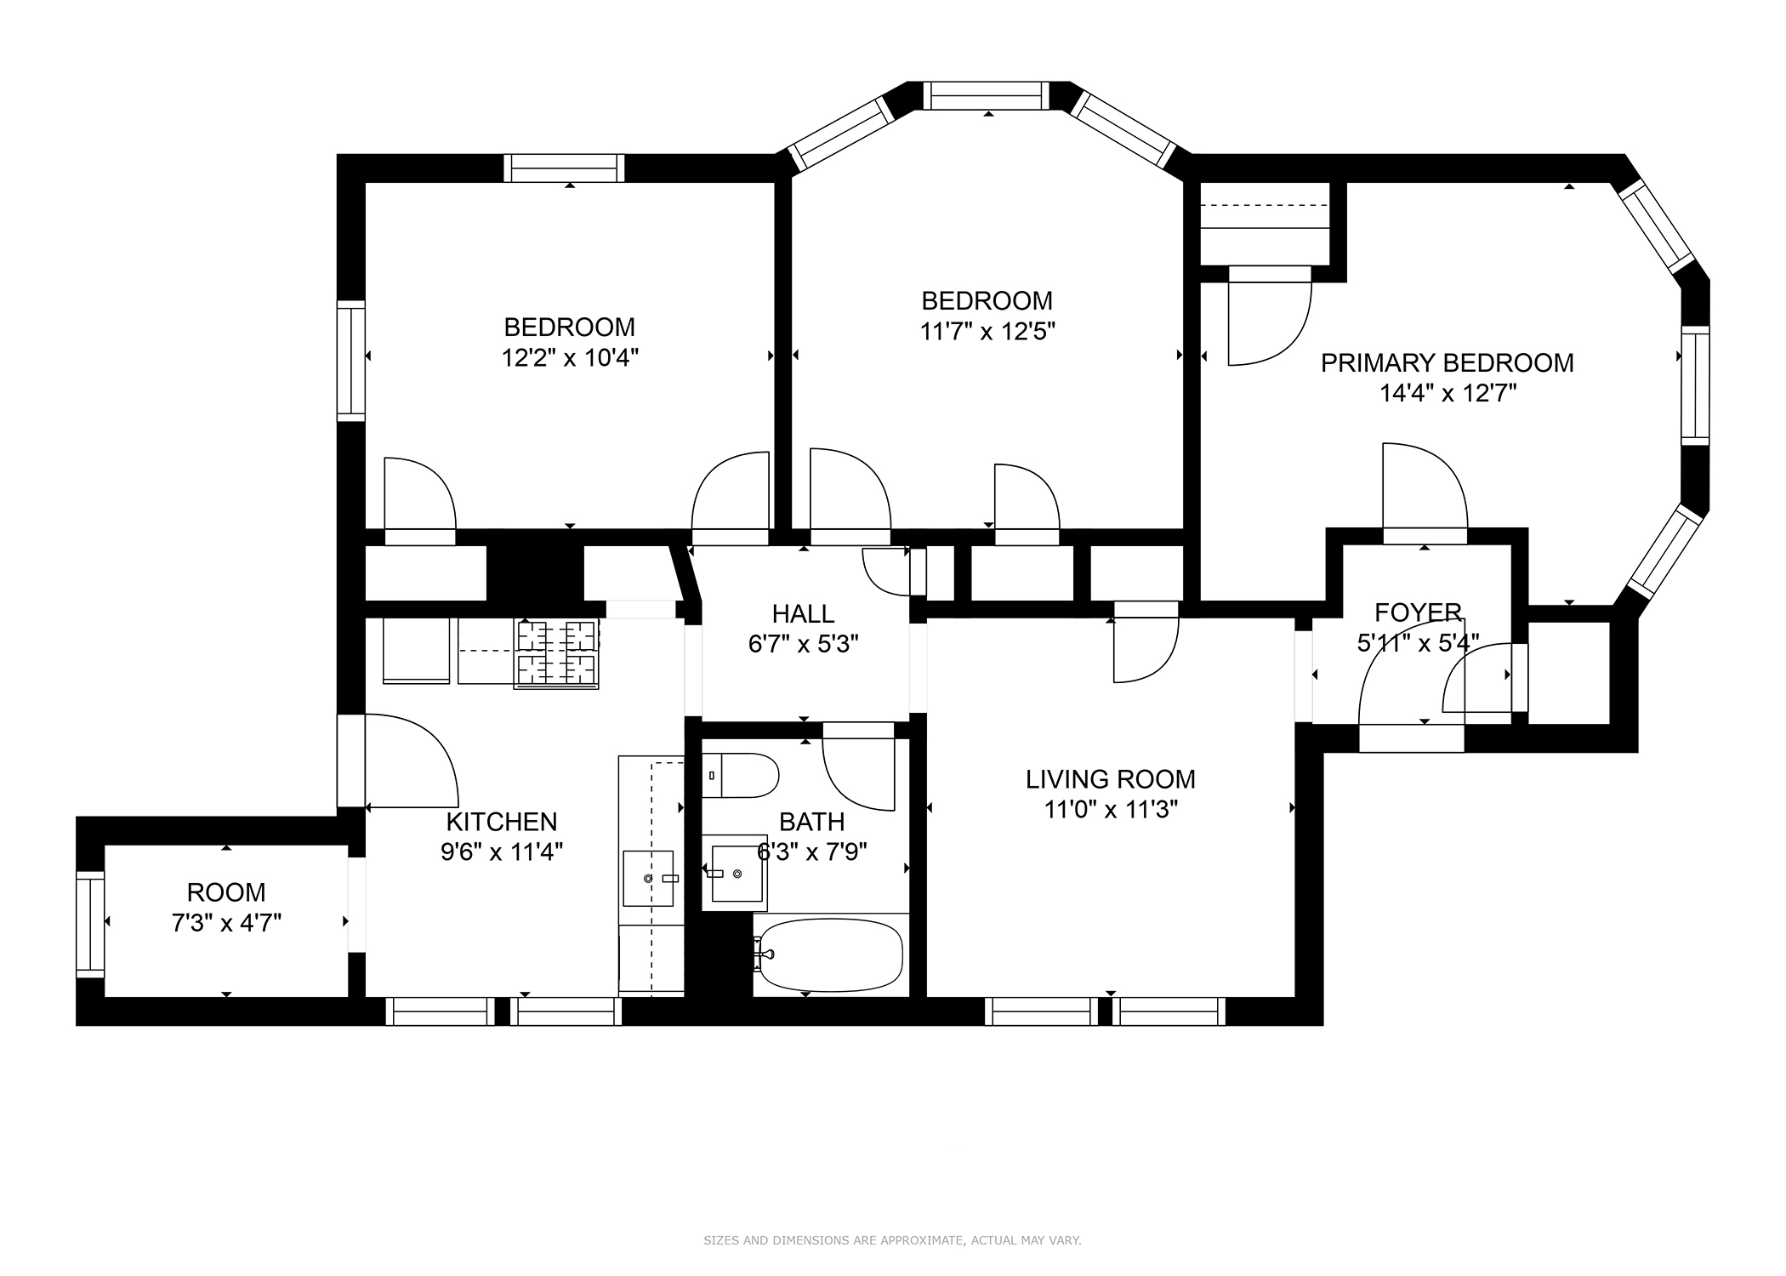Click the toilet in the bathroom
(740, 775)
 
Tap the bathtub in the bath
(828, 954)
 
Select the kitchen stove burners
(556, 652)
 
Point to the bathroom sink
(735, 873)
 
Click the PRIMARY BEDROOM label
(1447, 363)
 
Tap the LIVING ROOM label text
(1110, 779)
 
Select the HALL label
(803, 613)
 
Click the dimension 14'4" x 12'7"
(1447, 393)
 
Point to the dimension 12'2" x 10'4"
(570, 357)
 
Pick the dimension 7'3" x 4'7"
(226, 922)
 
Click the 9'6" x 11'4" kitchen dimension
(502, 852)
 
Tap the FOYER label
(1419, 612)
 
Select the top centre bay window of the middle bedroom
(987, 95)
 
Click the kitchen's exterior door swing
(412, 760)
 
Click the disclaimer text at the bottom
(892, 1241)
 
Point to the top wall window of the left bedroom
(564, 168)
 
